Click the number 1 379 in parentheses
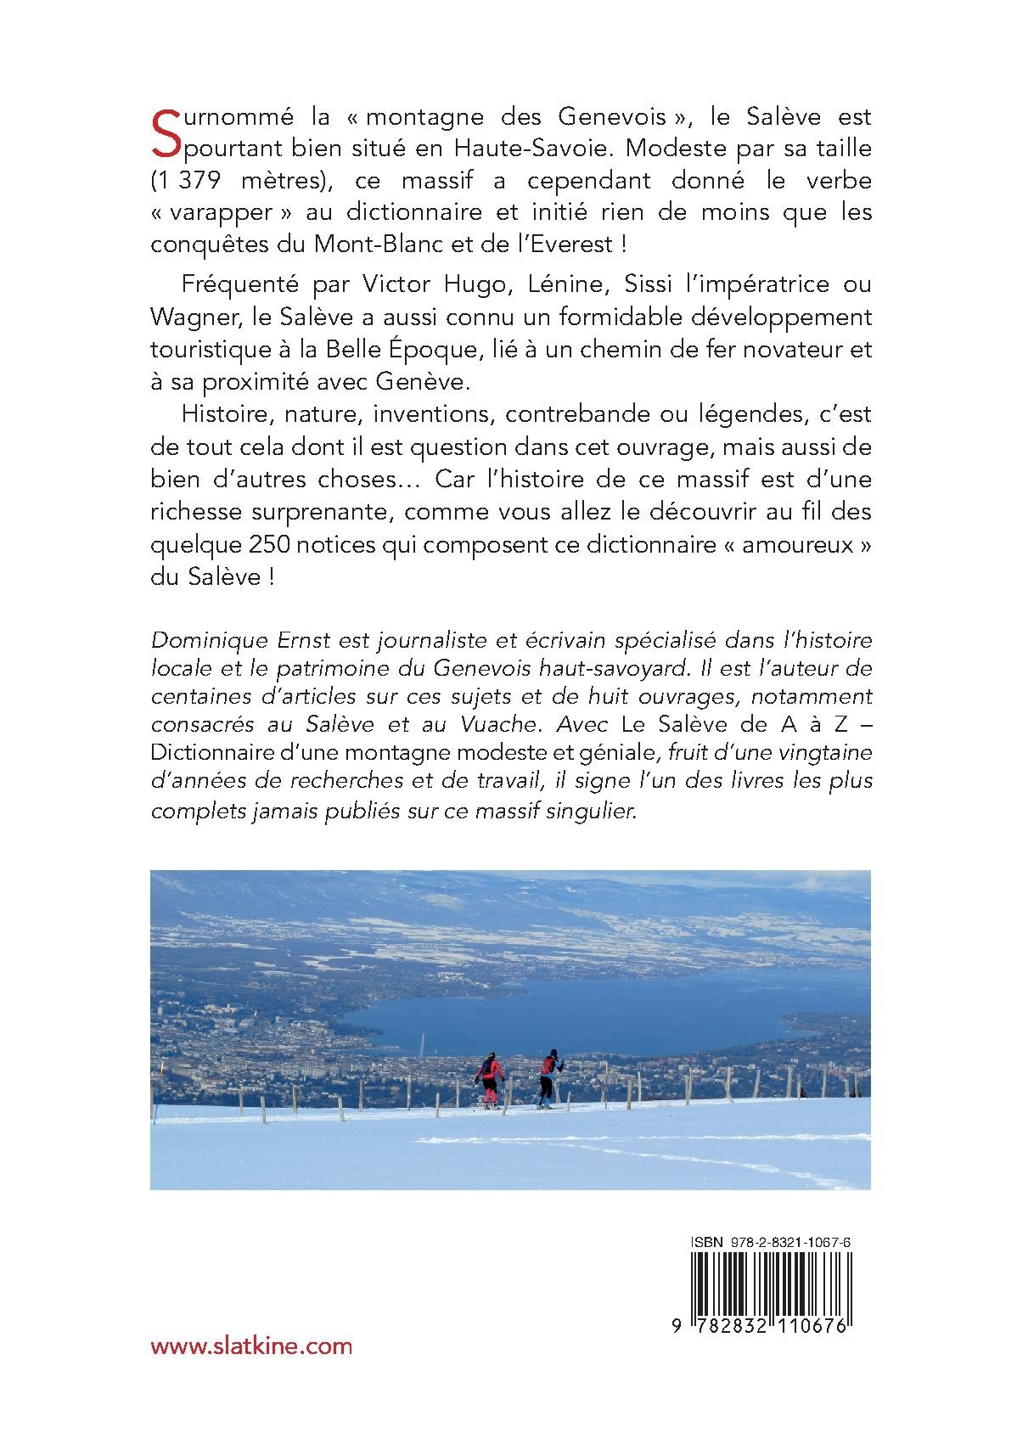[194, 181]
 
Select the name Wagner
[189, 317]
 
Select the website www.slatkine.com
[250, 1346]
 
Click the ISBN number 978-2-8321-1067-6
[800, 1242]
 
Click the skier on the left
[490, 1079]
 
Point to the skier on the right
[548, 1077]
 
